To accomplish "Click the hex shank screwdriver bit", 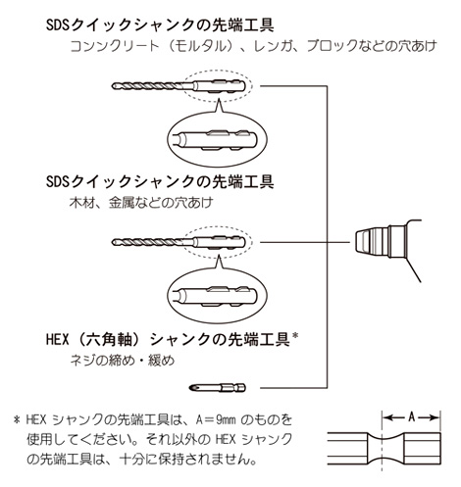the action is pyautogui.click(x=218, y=388).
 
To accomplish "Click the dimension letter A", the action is pyautogui.click(x=412, y=417).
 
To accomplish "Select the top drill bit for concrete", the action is pyautogui.click(x=179, y=86).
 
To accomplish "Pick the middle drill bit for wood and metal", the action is pyautogui.click(x=179, y=242).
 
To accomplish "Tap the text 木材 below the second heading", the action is pyautogui.click(x=81, y=203).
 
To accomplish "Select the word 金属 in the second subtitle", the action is pyautogui.click(x=121, y=203).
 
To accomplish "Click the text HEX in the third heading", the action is pyautogui.click(x=58, y=340).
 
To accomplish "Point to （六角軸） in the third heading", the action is pyautogui.click(x=109, y=340).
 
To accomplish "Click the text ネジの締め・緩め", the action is pyautogui.click(x=123, y=361).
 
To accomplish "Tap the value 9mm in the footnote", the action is pyautogui.click(x=226, y=419).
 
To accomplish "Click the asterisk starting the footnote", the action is pyautogui.click(x=17, y=419).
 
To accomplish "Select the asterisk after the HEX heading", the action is pyautogui.click(x=295, y=336).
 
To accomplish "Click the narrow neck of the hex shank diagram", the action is pyautogui.click(x=382, y=449).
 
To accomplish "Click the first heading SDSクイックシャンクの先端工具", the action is pyautogui.click(x=160, y=25).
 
